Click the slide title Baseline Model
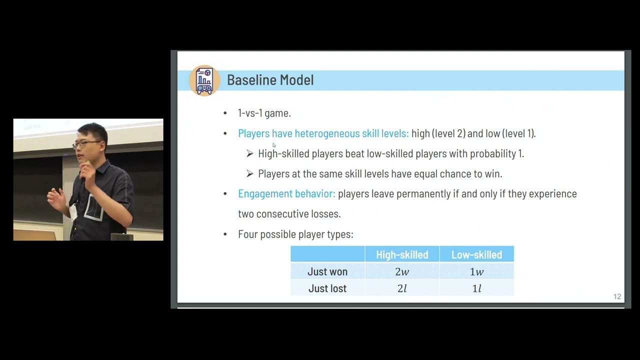coord(270,80)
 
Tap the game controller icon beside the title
coord(204,80)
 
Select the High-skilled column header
coord(402,255)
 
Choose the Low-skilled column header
coord(476,255)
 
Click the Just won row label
coord(327,271)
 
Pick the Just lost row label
coord(327,288)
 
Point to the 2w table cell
coord(402,271)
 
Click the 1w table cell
coord(476,271)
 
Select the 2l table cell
coord(402,288)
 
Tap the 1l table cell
coord(476,288)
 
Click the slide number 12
coord(617,297)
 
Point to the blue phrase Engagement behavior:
coord(286,194)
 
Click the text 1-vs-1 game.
coord(264,113)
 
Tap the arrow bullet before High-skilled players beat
coord(250,154)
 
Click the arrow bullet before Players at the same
coord(250,174)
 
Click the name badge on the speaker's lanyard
coord(74,212)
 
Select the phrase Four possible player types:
coord(295,234)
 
